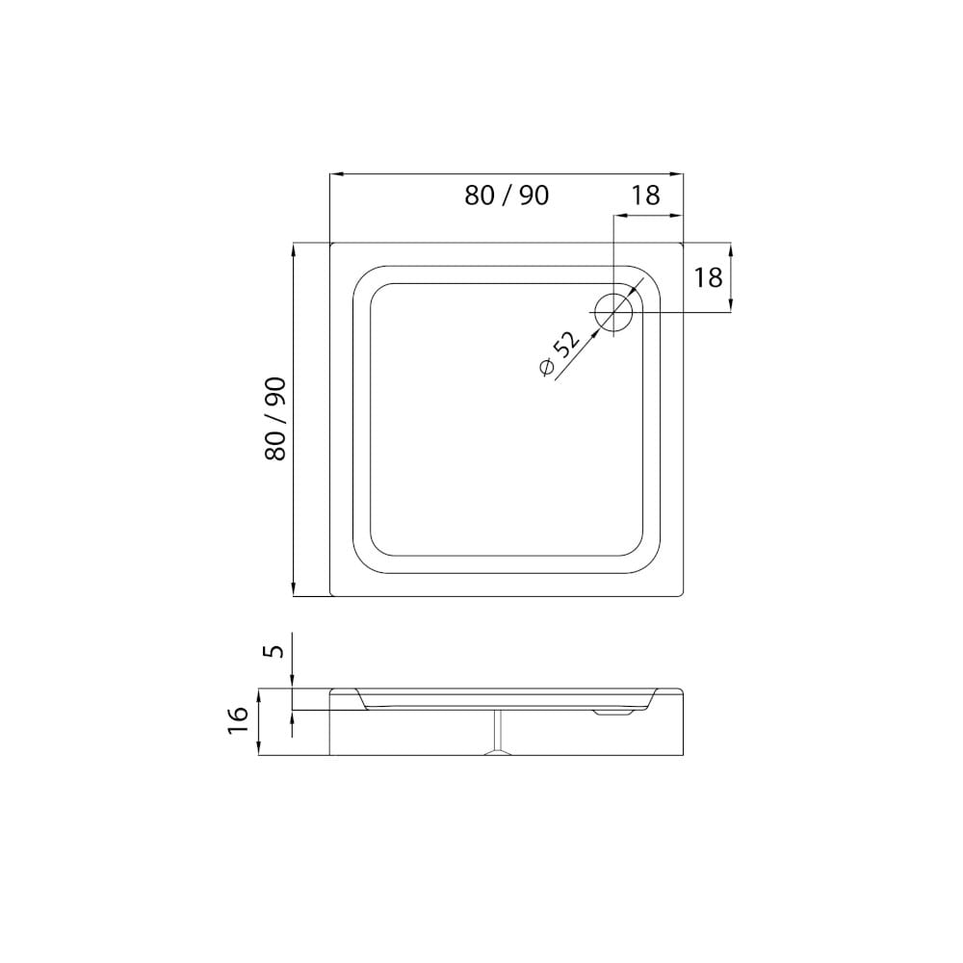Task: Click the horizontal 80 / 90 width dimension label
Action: [x=507, y=195]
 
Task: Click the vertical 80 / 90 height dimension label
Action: [x=275, y=418]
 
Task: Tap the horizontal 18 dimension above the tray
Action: [x=645, y=195]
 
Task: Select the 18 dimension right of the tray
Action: [x=708, y=277]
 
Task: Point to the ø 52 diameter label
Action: [x=559, y=353]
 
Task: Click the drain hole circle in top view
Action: [x=612, y=313]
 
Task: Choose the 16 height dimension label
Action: [x=238, y=719]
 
